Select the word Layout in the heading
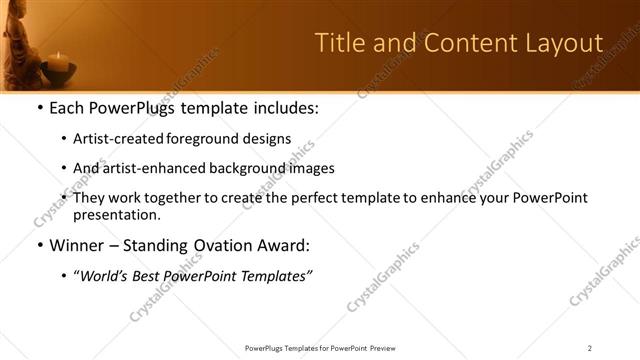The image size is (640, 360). (x=562, y=43)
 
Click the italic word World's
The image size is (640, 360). (x=105, y=276)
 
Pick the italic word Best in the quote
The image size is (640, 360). (x=152, y=276)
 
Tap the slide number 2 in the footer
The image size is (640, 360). (x=589, y=347)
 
